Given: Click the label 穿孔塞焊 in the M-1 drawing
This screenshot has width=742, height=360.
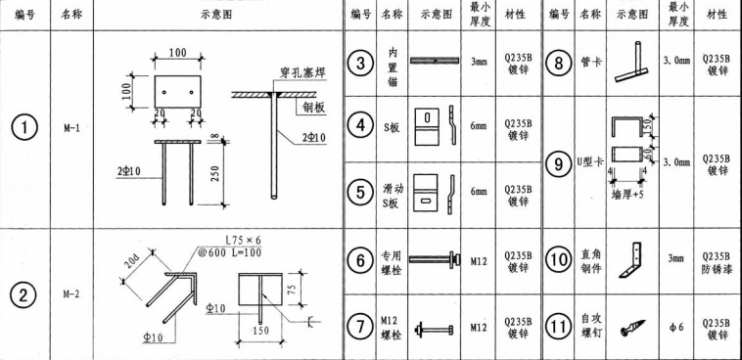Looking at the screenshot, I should pyautogui.click(x=298, y=72).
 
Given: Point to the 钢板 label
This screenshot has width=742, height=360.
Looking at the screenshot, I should pyautogui.click(x=314, y=108).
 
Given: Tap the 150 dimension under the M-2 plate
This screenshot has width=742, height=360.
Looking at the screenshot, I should pyautogui.click(x=261, y=331).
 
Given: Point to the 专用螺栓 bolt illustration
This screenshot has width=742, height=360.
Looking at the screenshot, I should pyautogui.click(x=437, y=261).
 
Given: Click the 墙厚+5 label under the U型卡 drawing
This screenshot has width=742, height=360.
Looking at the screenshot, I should pyautogui.click(x=628, y=193).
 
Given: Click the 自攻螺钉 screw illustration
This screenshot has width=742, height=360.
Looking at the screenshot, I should pyautogui.click(x=630, y=324).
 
